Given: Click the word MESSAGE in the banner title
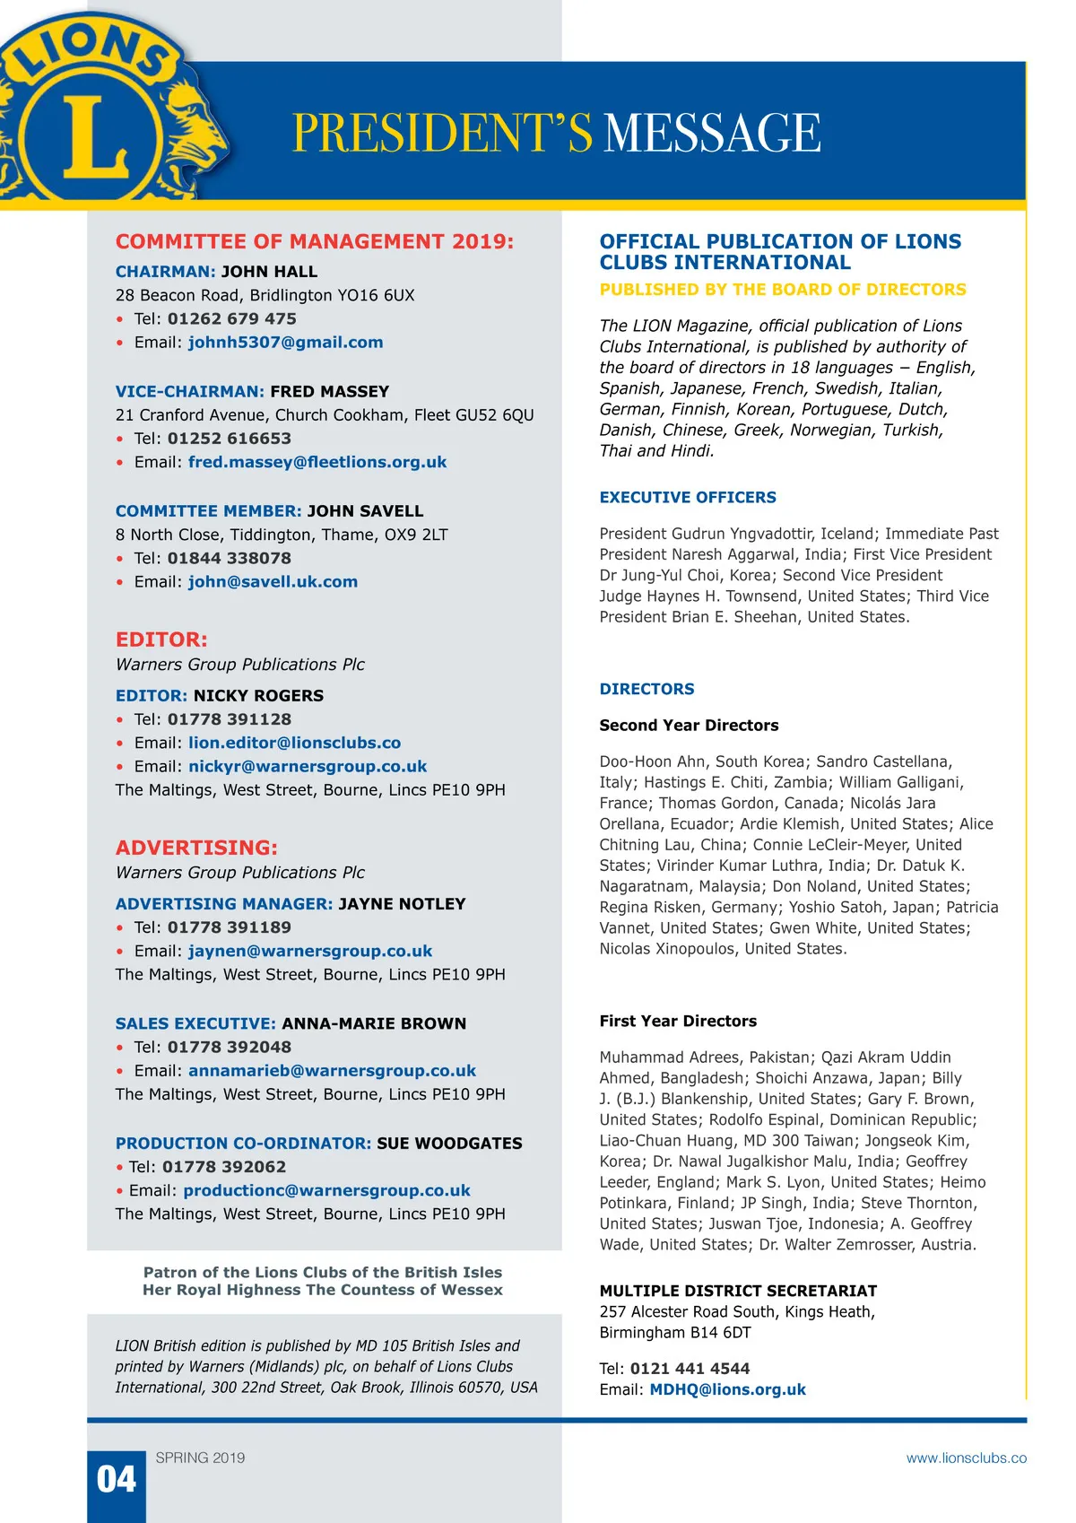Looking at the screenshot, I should [713, 133].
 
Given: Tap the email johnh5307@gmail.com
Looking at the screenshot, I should [285, 343].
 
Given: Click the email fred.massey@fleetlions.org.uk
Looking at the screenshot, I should [317, 462].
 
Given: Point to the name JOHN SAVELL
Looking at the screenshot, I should [365, 511].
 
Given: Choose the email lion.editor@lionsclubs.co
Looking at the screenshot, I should [294, 743].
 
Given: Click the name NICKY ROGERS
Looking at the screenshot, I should [258, 695].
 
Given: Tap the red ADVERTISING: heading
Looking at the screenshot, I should [196, 848].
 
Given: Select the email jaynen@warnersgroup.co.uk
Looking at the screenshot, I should [310, 951].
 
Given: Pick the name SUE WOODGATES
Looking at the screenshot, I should [449, 1144].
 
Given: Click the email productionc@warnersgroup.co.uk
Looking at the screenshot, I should [326, 1190].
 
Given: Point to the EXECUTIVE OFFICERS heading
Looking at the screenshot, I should [688, 498].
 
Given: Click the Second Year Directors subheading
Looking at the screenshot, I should [689, 726].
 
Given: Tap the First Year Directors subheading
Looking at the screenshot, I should [678, 1021].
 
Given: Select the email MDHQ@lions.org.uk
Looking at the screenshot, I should [727, 1389].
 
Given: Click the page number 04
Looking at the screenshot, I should [117, 1479].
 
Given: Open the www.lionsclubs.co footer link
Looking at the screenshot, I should [966, 1458].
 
